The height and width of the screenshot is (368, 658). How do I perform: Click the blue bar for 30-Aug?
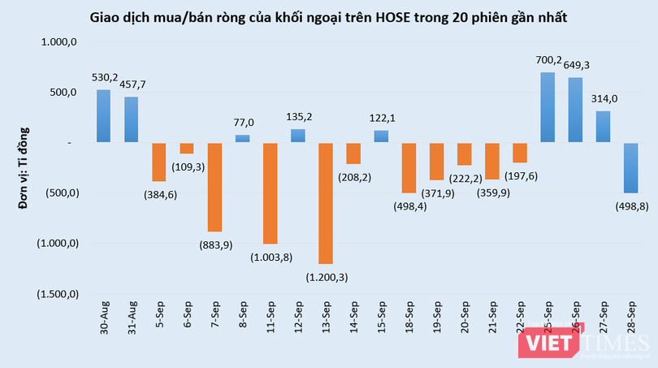pos(103,116)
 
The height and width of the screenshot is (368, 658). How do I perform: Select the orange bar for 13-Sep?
pos(326,203)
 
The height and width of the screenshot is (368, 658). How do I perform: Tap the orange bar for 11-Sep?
pos(270,193)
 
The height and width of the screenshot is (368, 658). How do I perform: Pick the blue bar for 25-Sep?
pos(548,108)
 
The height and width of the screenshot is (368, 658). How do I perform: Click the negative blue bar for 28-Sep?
pos(631,168)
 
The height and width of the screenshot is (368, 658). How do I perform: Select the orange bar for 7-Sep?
pos(214,187)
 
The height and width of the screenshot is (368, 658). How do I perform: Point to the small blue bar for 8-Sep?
pos(242,138)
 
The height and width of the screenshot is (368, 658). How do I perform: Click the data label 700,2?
pos(548,59)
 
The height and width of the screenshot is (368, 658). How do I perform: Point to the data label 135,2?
pos(298,115)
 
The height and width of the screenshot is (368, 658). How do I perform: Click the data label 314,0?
pos(604,98)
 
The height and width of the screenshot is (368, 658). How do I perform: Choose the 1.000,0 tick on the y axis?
pos(58,42)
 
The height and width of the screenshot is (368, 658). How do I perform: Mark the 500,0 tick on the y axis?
pos(63,93)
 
